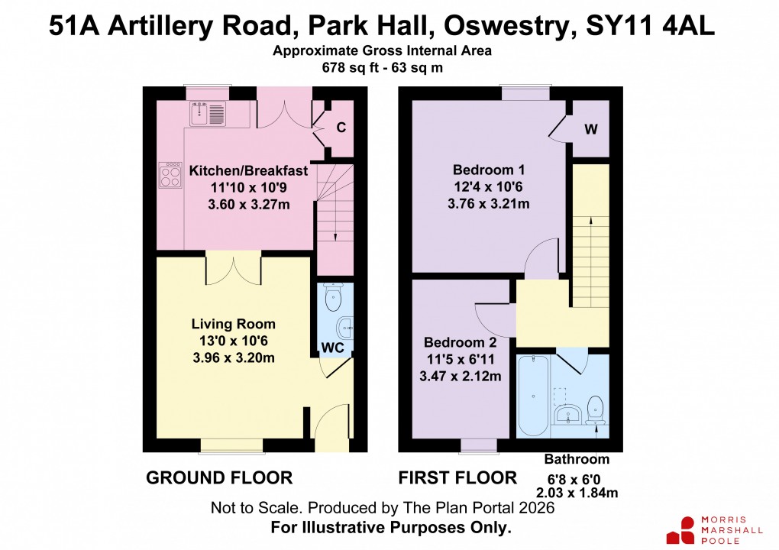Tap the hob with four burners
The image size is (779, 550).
(x=169, y=175)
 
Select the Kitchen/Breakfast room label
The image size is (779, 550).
(x=248, y=170)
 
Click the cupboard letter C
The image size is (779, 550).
(x=341, y=128)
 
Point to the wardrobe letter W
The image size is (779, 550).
(x=590, y=129)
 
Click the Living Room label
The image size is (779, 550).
(x=233, y=324)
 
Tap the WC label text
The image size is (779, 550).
(x=333, y=348)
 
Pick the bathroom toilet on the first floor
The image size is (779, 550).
(x=596, y=409)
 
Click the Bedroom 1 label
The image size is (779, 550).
(x=489, y=170)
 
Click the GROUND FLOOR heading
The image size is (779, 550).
(x=219, y=478)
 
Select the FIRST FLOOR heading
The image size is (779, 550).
(x=457, y=478)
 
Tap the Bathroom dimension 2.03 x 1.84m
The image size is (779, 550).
(x=577, y=493)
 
